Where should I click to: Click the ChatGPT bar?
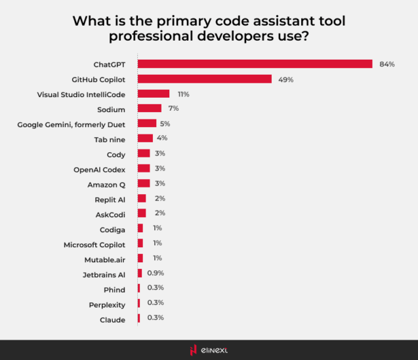(255, 64)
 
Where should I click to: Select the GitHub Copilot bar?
(205, 79)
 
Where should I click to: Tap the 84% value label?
(387, 64)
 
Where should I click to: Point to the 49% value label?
(285, 79)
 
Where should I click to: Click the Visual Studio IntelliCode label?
(81, 94)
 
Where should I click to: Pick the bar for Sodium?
(150, 108)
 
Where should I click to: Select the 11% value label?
(183, 94)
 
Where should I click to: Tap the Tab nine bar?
(146, 138)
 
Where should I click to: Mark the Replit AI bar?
(142, 198)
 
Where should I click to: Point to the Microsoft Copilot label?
(94, 243)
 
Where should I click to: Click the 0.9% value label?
(155, 273)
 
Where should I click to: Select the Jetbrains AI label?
(104, 273)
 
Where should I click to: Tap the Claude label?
(112, 318)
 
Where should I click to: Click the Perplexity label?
(107, 303)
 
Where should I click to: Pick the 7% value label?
(173, 108)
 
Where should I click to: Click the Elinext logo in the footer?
(209, 350)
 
